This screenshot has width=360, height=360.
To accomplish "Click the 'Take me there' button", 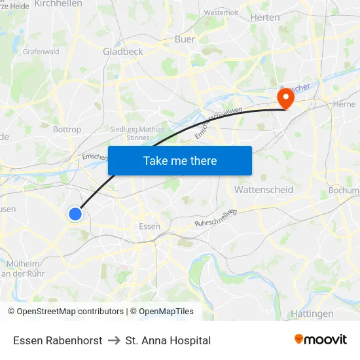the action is click(x=180, y=160).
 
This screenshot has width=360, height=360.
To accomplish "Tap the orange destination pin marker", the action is click(x=285, y=99).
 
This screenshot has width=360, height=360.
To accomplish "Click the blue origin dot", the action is click(x=75, y=213).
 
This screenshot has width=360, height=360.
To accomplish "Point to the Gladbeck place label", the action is click(x=122, y=51).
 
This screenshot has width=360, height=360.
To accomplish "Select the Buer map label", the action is click(x=185, y=39).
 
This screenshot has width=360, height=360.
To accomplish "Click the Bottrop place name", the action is click(x=67, y=130).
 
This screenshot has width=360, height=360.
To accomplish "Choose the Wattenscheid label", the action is click(x=263, y=189).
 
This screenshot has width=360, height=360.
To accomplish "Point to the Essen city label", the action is click(x=149, y=226).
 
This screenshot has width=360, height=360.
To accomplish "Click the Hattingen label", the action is click(x=312, y=314).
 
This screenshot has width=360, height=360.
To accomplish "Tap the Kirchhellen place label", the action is click(x=58, y=4).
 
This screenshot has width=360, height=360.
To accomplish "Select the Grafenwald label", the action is click(x=41, y=51).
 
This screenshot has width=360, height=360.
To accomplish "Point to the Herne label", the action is click(x=344, y=104).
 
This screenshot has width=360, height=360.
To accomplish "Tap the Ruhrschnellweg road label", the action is click(x=215, y=219).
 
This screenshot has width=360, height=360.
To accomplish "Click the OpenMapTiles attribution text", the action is click(x=166, y=312).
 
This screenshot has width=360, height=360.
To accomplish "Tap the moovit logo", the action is click(x=321, y=339).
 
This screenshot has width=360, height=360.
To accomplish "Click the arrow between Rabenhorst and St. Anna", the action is click(x=114, y=340).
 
